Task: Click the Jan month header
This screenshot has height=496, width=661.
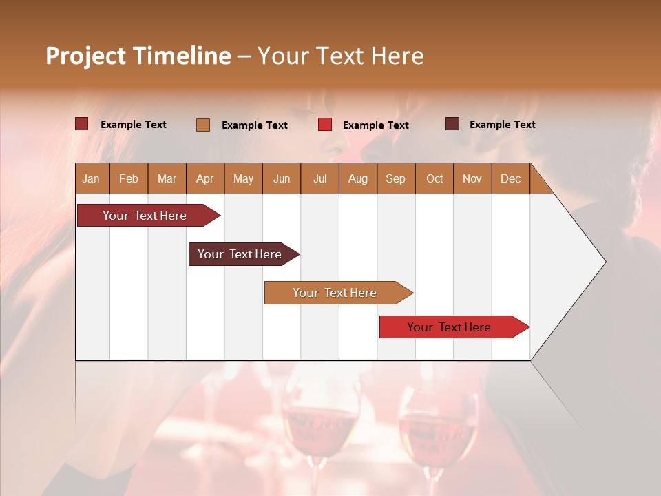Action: pos(91,178)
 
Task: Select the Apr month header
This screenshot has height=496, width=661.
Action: pos(204,178)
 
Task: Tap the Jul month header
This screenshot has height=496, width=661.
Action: pos(319,178)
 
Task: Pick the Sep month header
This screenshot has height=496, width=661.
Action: pos(395,178)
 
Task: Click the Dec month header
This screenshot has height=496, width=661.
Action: pos(510,178)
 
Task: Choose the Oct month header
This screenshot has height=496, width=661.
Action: pos(434,178)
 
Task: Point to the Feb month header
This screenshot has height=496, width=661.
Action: pos(129,178)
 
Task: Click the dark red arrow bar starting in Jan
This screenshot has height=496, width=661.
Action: pos(145,216)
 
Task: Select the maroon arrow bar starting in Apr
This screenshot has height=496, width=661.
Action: pos(240,254)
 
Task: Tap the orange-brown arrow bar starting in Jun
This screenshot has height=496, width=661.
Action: pos(335,293)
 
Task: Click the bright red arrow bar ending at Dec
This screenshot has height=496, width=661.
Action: pos(449,327)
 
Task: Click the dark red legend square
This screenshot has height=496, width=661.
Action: pos(81,124)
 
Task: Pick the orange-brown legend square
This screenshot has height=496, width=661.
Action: pos(203,125)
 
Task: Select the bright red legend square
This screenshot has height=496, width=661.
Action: pos(325,125)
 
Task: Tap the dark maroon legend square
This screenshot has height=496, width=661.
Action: pos(452,124)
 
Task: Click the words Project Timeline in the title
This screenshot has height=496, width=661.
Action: pos(138,56)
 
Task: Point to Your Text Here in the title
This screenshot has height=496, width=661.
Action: pos(340,56)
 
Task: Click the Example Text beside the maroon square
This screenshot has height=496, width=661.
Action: pos(502,124)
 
